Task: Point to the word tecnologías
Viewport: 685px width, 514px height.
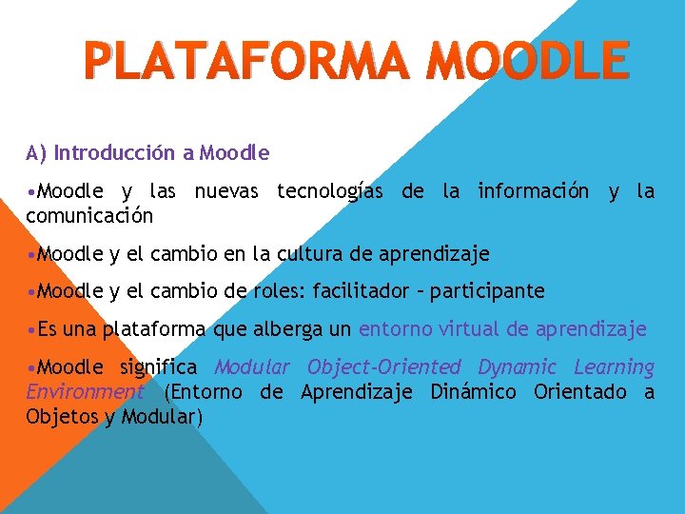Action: point(330,191)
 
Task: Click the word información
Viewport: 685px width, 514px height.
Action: point(533,191)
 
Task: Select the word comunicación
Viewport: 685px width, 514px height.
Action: point(89,215)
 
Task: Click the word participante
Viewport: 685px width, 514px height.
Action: point(487,291)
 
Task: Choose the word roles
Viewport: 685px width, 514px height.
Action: point(275,291)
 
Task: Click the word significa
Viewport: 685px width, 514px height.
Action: point(159,367)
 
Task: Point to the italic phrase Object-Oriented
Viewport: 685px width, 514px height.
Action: point(386,367)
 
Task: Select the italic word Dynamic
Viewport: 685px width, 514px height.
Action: point(517,367)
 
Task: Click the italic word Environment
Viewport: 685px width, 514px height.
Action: point(85,392)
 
